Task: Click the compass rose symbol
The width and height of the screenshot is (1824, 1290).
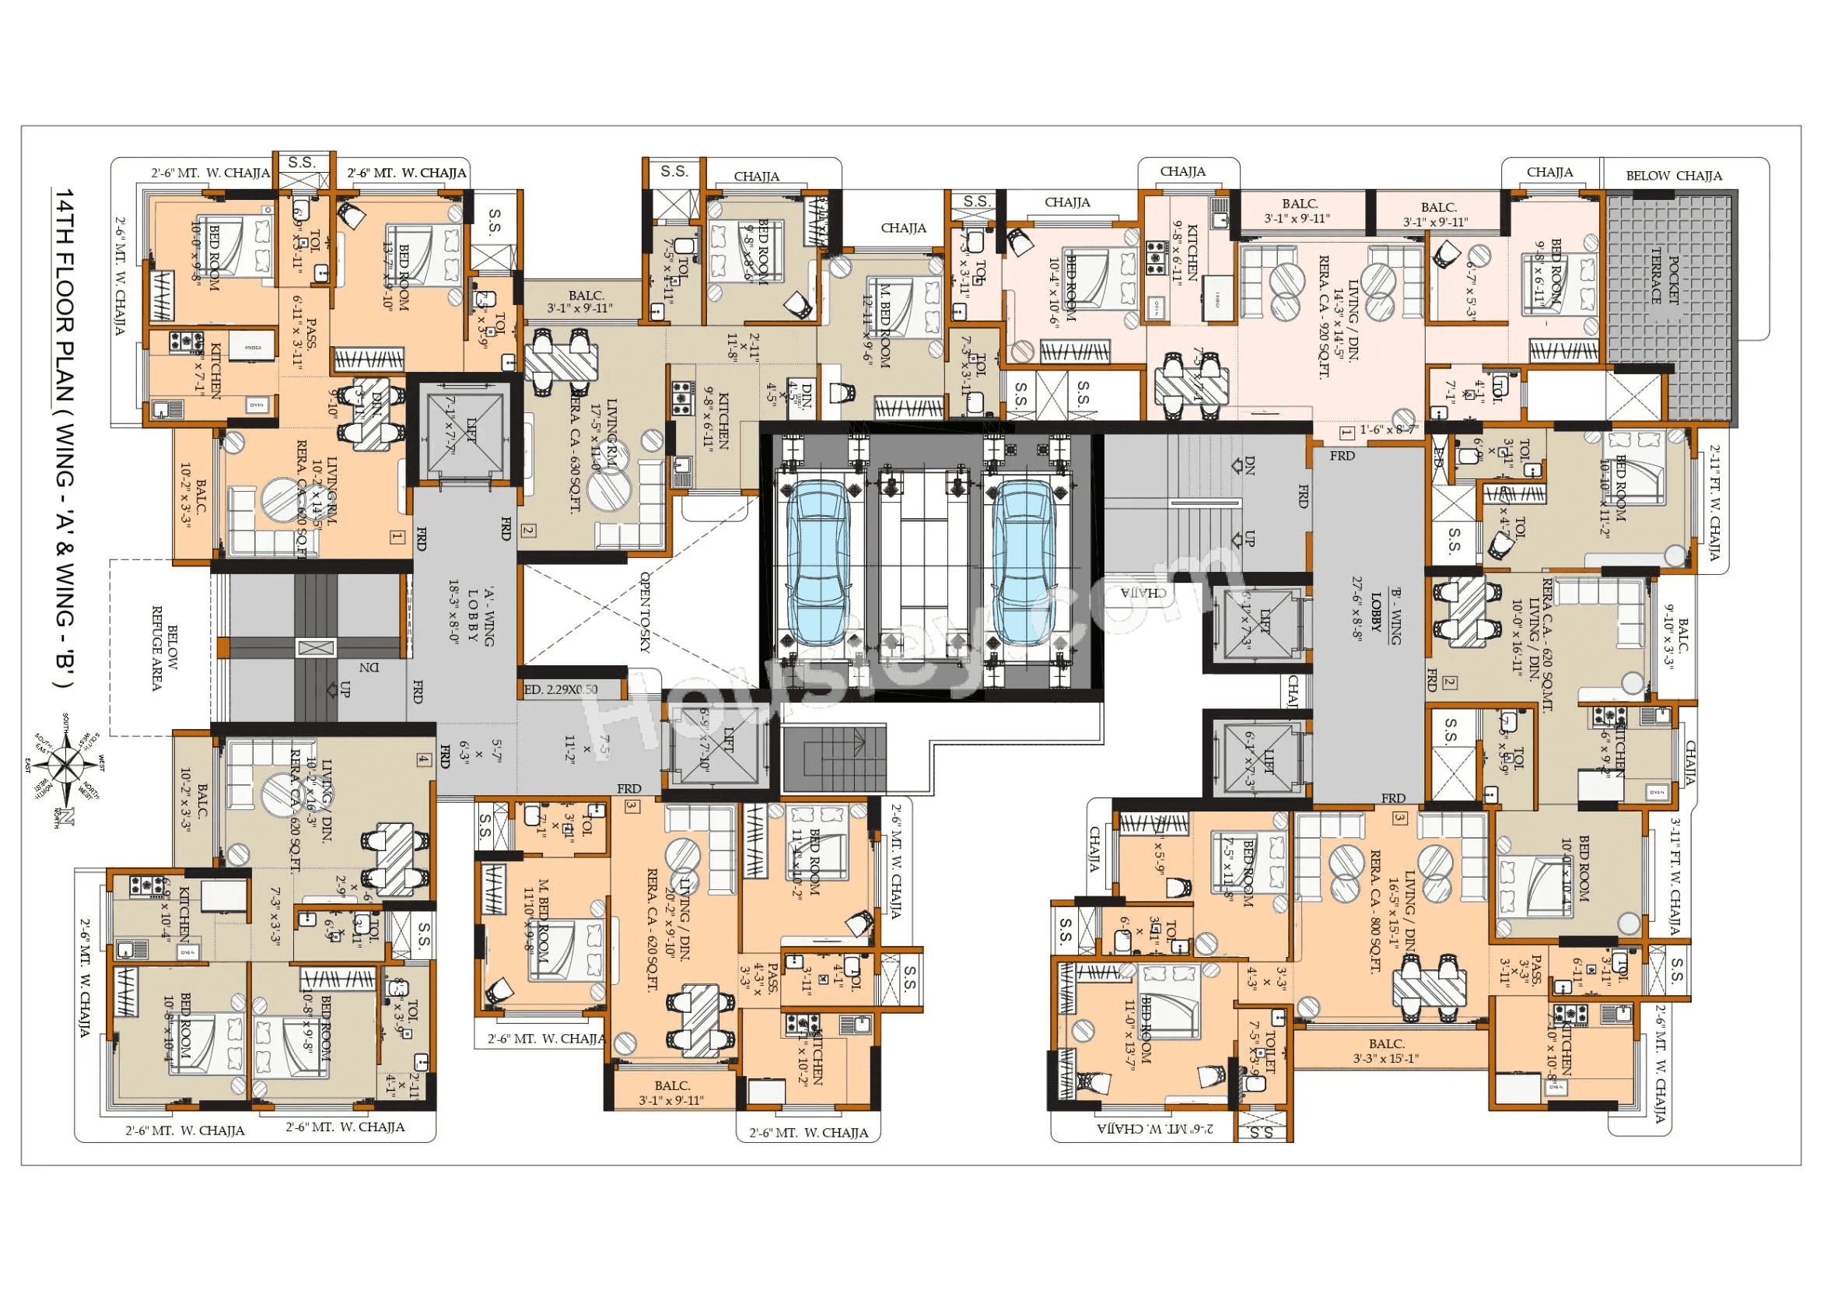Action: coord(68,768)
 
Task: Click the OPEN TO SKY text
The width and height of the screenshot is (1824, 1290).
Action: coord(645,612)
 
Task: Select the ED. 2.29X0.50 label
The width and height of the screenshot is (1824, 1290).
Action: coord(561,689)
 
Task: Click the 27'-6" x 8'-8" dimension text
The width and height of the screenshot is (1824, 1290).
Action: coord(1357,608)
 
